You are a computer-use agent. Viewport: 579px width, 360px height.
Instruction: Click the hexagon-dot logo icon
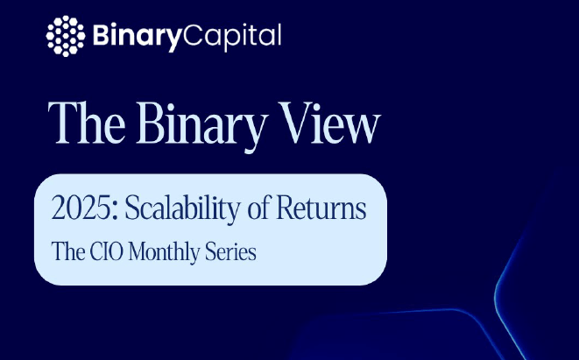point(66,36)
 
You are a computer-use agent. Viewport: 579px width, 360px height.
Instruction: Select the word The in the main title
point(87,123)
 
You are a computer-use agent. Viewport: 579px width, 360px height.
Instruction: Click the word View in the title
point(329,123)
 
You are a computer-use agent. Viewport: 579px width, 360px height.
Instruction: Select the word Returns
point(321,208)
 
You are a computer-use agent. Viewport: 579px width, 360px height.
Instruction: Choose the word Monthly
point(164,254)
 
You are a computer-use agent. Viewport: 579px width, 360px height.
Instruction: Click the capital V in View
point(294,123)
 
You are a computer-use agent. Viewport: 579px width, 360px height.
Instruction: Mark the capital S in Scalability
point(131,208)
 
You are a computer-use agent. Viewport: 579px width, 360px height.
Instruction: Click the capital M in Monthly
point(139,252)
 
